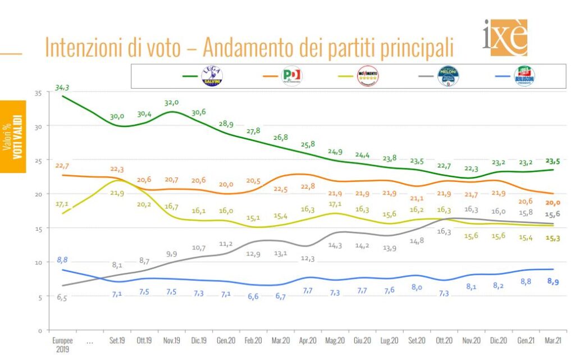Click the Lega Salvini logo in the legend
tap(212, 76)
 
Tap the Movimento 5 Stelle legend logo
tap(368, 76)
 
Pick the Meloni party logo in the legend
tap(448, 76)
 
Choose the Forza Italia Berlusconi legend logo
tap(524, 76)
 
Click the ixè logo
tap(504, 37)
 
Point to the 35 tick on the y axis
tap(38, 92)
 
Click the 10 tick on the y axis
tap(38, 262)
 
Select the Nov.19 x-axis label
tap(171, 340)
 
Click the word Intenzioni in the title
tap(81, 48)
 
